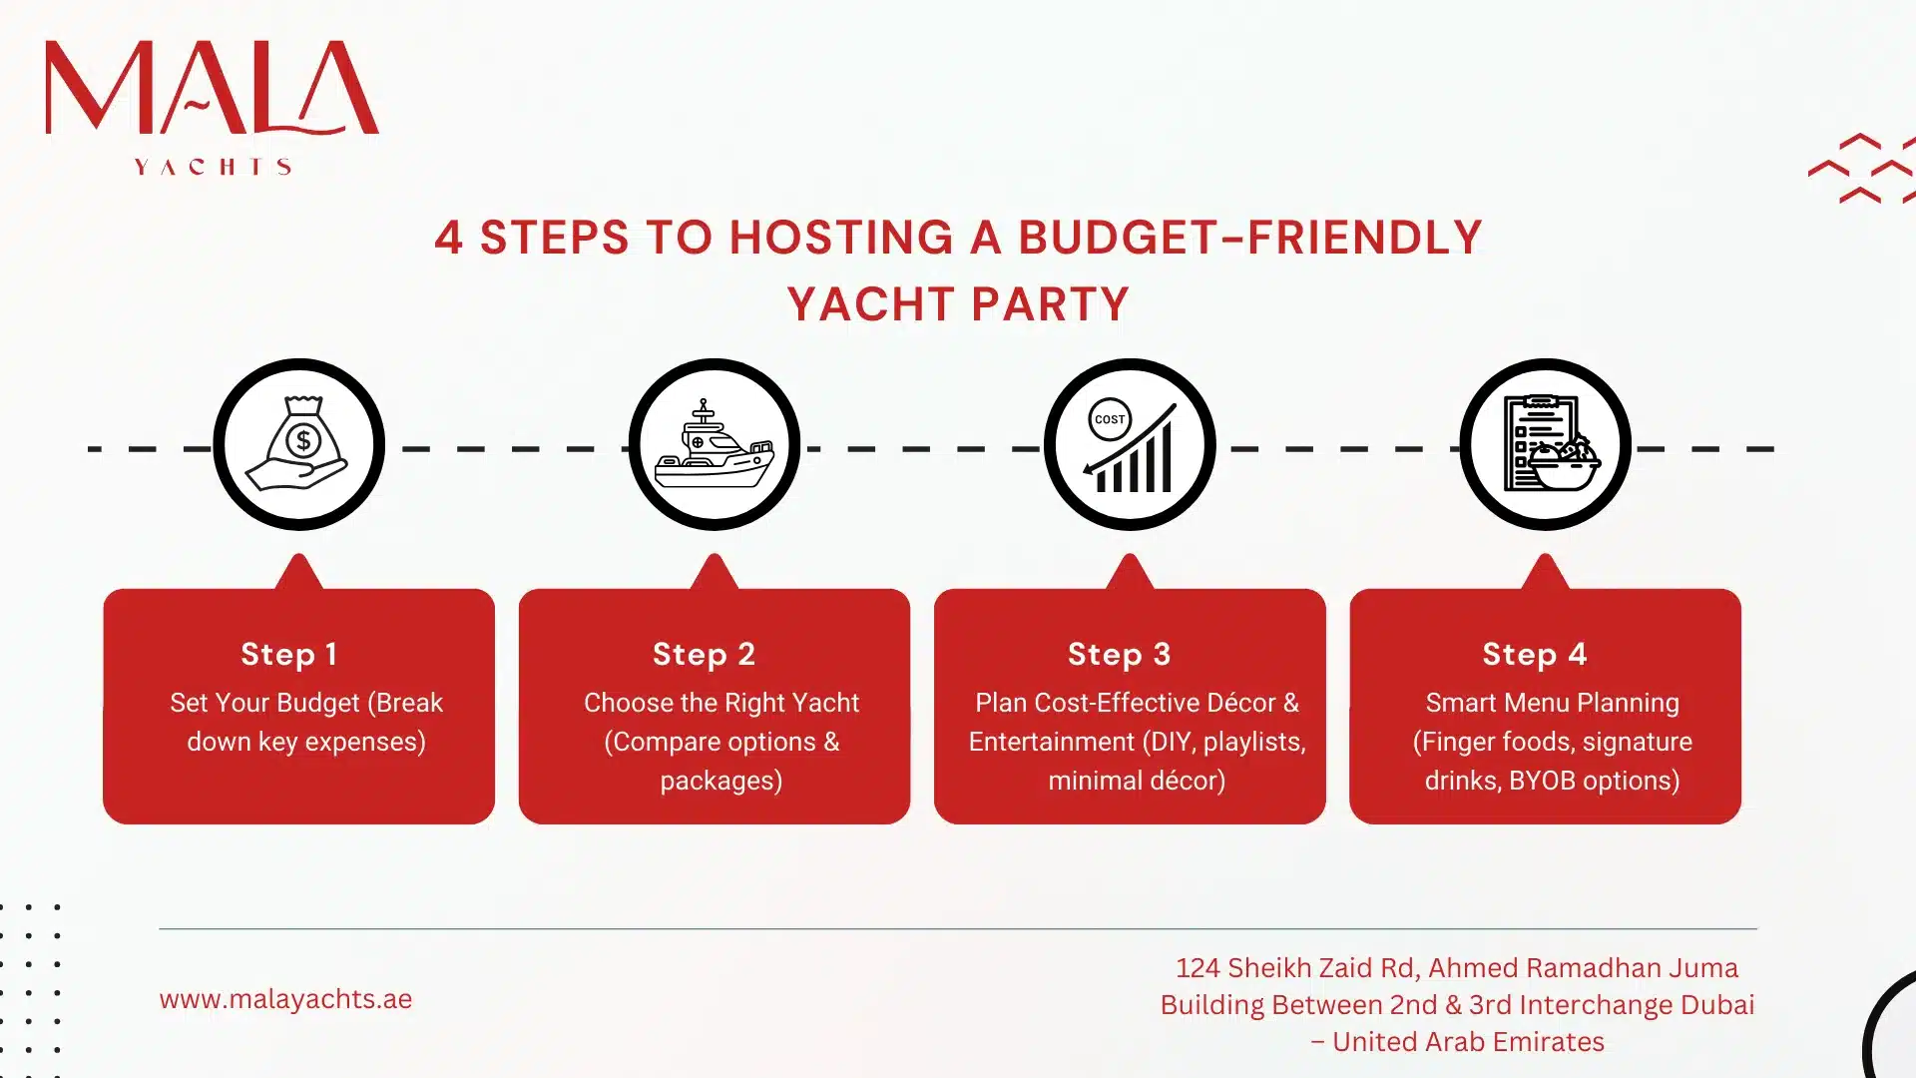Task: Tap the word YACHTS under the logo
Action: pyautogui.click(x=213, y=167)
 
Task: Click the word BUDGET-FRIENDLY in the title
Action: pyautogui.click(x=1249, y=238)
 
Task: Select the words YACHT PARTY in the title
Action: pyautogui.click(x=958, y=304)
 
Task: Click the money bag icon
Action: pyautogui.click(x=298, y=444)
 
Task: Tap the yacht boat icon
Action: pyautogui.click(x=715, y=445)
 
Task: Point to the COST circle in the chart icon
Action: pyautogui.click(x=1109, y=419)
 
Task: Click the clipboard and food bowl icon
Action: pyautogui.click(x=1546, y=444)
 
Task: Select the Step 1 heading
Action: pyautogui.click(x=289, y=654)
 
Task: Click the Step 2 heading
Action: pyautogui.click(x=705, y=654)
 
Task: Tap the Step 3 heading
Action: pyautogui.click(x=1120, y=654)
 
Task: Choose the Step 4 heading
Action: pyautogui.click(x=1535, y=654)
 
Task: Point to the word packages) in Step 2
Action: pyautogui.click(x=720, y=781)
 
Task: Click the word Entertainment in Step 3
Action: pyautogui.click(x=1051, y=742)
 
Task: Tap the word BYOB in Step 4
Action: pyautogui.click(x=1542, y=781)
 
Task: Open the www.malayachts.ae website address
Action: pyautogui.click(x=285, y=999)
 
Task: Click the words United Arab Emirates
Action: pyautogui.click(x=1468, y=1042)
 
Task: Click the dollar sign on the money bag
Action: pyautogui.click(x=303, y=440)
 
